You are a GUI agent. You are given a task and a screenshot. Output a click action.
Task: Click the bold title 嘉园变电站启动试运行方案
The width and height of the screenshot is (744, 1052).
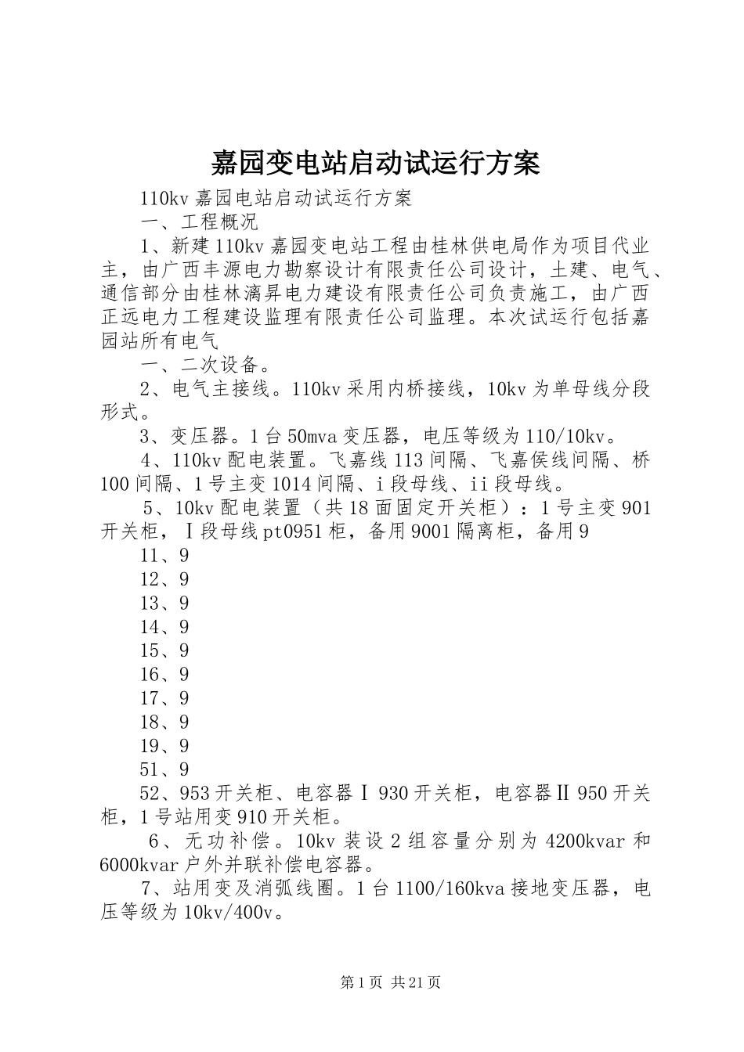click(x=374, y=164)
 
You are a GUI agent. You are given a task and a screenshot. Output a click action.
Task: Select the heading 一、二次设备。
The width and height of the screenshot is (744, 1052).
click(x=206, y=365)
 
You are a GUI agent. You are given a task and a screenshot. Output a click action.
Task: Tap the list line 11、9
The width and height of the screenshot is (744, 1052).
click(x=164, y=556)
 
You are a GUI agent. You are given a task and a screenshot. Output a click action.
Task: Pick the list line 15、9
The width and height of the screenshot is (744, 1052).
click(x=164, y=650)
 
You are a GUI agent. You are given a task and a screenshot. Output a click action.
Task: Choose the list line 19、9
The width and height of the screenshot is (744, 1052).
click(x=164, y=745)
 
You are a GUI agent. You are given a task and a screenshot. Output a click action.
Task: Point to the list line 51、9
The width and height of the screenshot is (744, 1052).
click(x=164, y=769)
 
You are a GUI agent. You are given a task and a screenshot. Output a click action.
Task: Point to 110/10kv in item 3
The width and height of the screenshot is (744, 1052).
click(x=557, y=436)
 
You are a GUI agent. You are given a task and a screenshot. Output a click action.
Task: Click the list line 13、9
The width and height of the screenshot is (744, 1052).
click(x=164, y=603)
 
